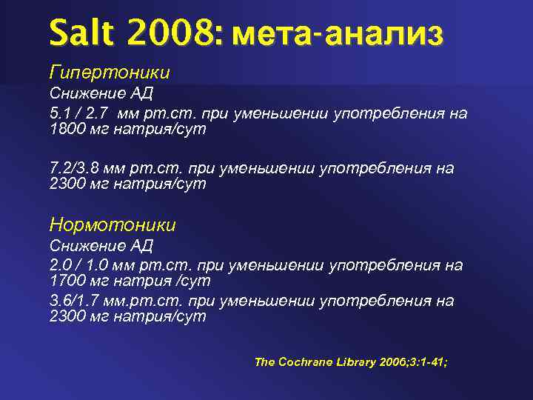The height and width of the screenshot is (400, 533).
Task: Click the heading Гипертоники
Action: [x=110, y=73]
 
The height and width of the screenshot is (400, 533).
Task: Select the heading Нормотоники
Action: [x=113, y=224]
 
